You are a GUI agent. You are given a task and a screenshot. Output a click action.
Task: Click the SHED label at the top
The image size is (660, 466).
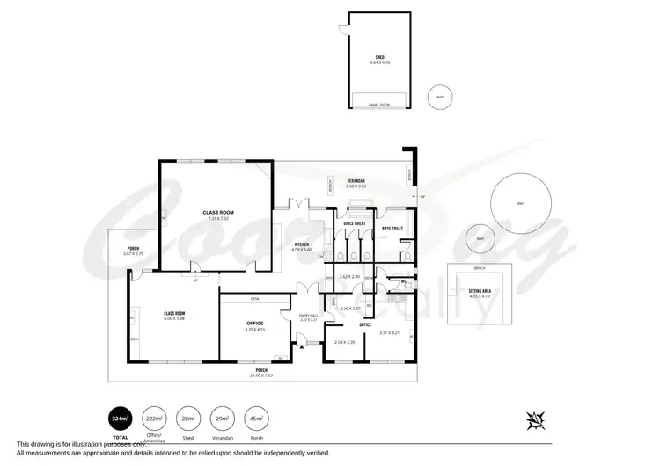tap(379, 57)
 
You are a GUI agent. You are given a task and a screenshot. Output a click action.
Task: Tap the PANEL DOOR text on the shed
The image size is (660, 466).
tap(379, 104)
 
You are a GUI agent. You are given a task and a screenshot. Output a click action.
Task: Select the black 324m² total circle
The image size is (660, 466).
tap(121, 419)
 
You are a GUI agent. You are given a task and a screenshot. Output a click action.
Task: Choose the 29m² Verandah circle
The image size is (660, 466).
tap(223, 419)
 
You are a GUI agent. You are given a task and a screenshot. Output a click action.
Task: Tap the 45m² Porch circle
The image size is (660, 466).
tap(257, 419)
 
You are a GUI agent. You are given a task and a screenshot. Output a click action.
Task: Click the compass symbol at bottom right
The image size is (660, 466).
tap(534, 421)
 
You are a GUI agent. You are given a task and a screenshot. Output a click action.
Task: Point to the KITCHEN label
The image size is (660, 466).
tap(302, 244)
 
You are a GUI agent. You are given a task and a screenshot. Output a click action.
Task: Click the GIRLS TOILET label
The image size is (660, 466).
tap(354, 224)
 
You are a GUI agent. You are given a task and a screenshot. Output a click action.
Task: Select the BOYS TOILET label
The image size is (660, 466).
tap(392, 229)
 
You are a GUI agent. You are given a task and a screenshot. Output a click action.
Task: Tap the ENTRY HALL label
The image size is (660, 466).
tap(308, 316)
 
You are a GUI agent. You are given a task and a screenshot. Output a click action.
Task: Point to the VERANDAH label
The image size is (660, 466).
tap(356, 180)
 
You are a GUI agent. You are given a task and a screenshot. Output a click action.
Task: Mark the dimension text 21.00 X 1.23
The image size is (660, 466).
tap(261, 375)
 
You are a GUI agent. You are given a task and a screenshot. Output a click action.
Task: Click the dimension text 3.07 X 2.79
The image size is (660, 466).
tap(133, 254)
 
